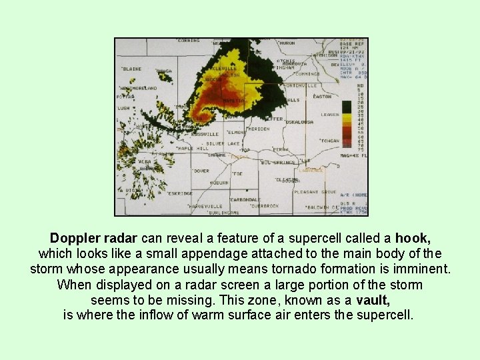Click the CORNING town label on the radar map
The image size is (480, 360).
[189, 41]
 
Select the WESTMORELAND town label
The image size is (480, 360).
[139, 88]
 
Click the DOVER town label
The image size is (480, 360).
[201, 171]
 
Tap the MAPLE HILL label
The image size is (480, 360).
[193, 149]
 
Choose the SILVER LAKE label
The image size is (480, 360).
[223, 143]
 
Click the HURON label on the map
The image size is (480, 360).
[287, 43]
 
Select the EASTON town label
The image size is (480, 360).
[321, 97]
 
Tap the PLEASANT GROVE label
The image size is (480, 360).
[319, 192]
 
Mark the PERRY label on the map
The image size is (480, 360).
[281, 149]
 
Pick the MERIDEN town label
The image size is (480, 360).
[257, 129]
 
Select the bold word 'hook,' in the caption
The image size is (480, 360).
[413, 239]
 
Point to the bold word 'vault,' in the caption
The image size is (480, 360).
[373, 301]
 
